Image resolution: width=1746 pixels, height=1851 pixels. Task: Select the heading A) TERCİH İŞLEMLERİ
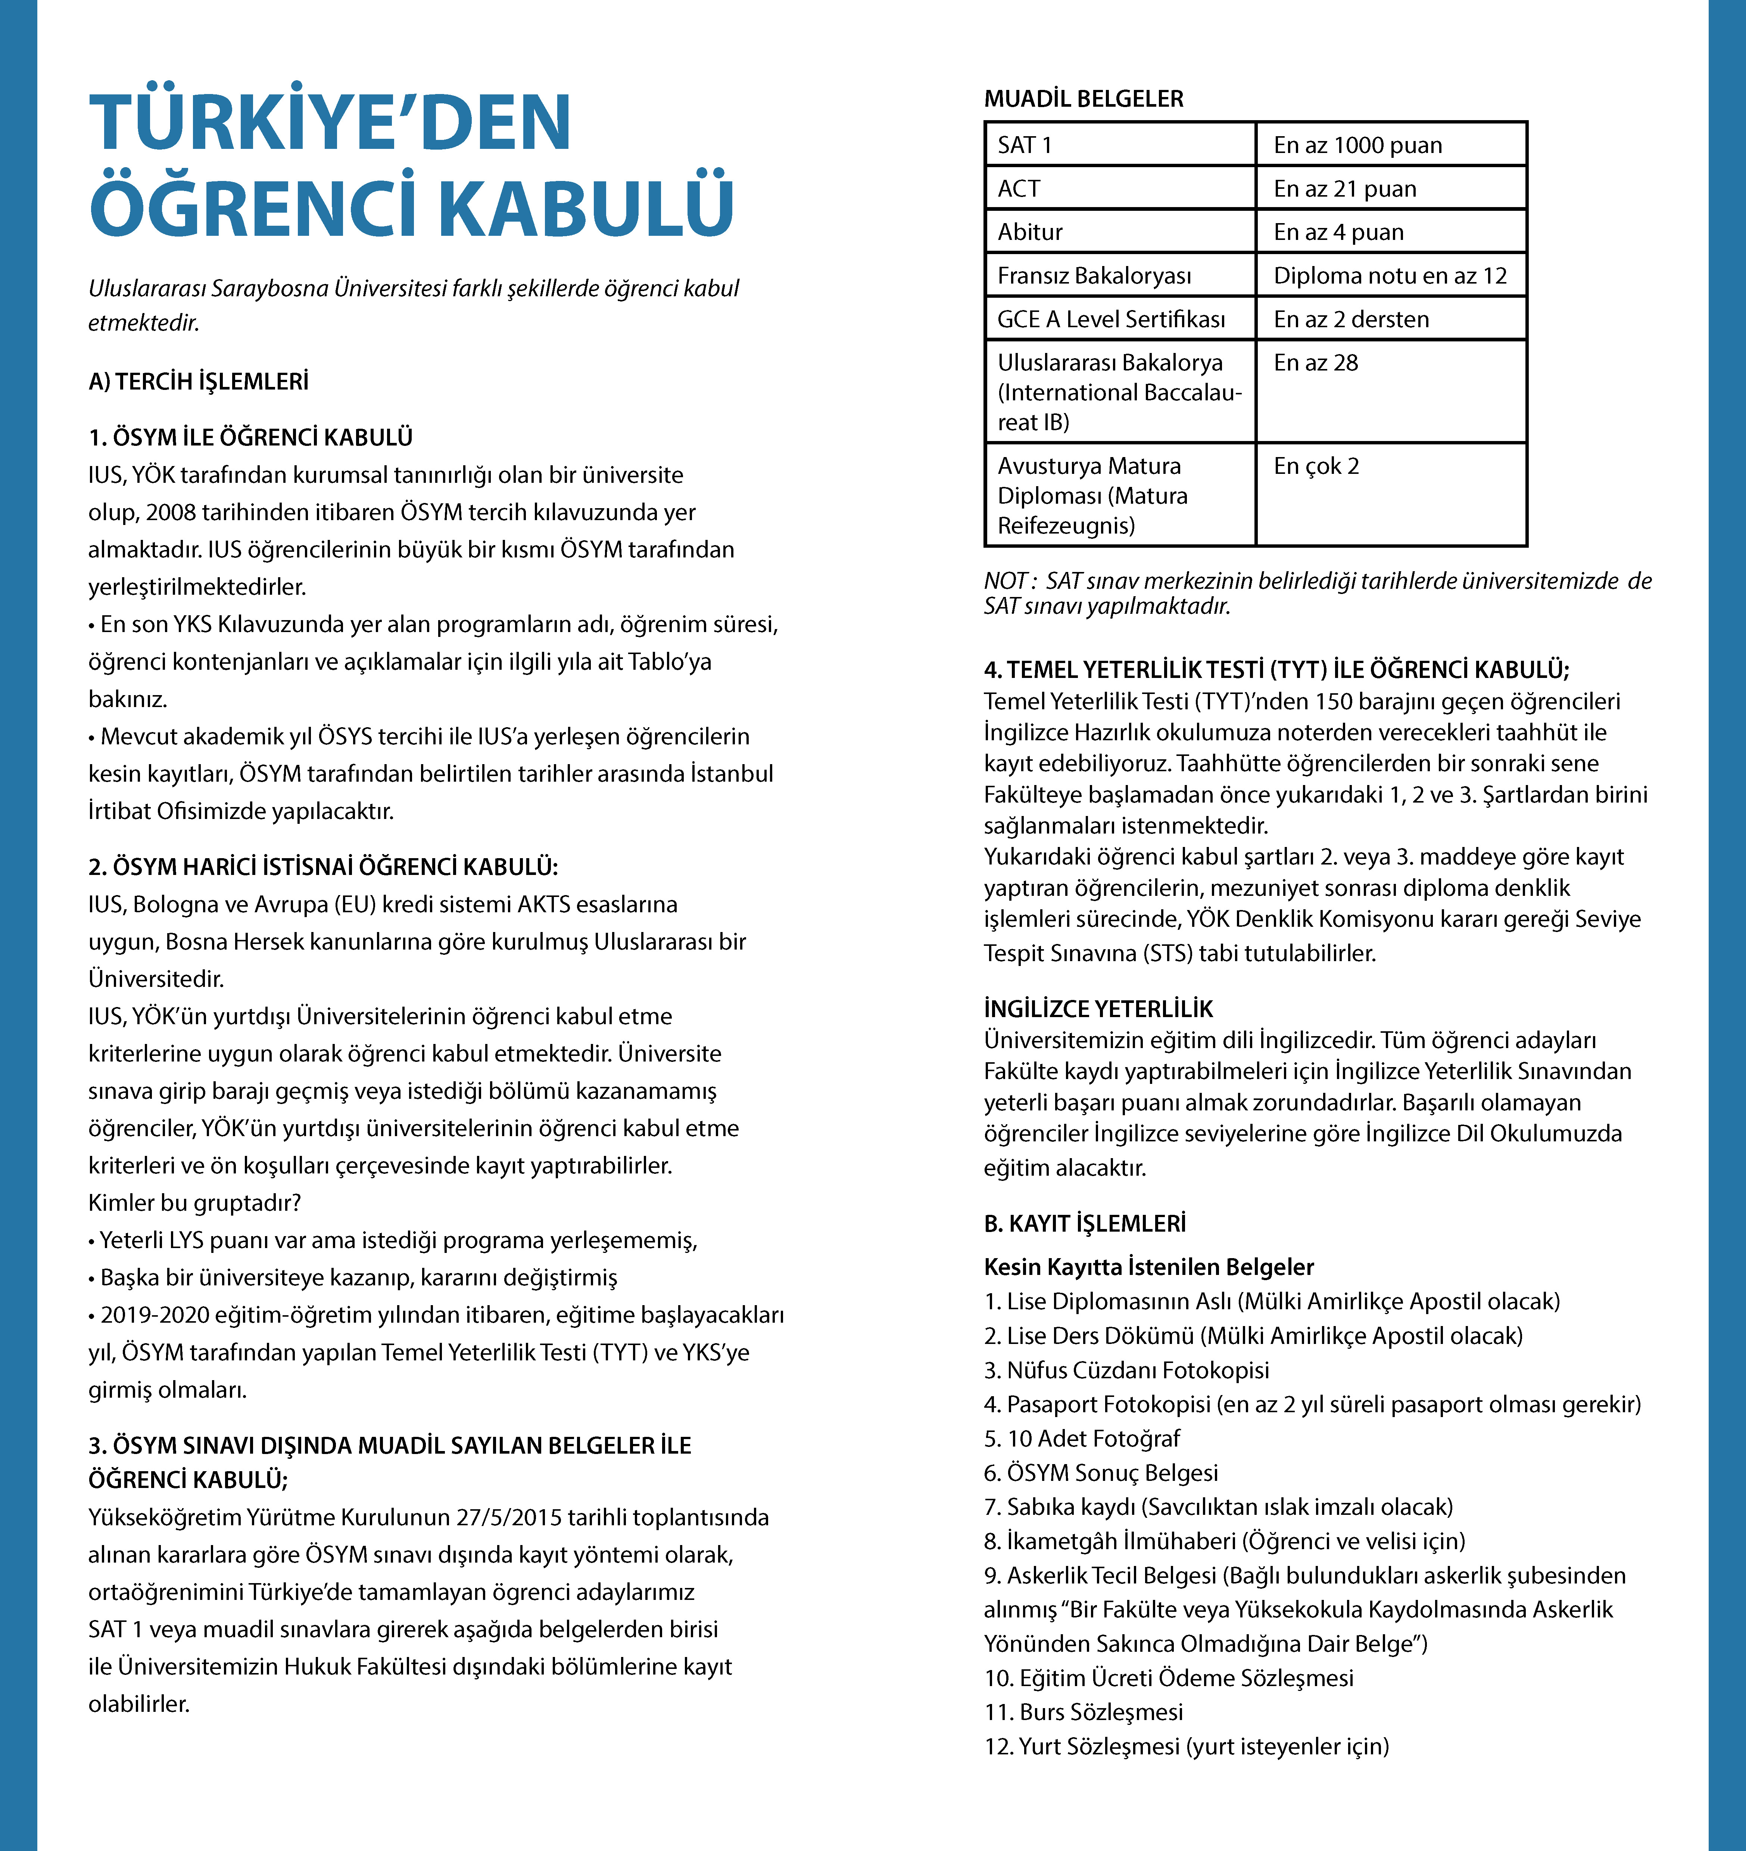pos(198,382)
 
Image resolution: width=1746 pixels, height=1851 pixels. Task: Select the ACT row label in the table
pos(1019,189)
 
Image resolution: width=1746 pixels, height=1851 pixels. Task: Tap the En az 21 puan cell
pos(1345,189)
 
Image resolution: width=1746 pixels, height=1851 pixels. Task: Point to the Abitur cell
pos(1030,232)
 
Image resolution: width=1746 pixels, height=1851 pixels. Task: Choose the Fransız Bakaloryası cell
pos(1094,276)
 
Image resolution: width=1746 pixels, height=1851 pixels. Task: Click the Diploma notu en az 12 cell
pos(1389,276)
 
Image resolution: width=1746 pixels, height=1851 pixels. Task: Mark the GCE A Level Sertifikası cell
pos(1111,319)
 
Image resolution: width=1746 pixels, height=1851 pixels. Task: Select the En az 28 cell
pos(1316,363)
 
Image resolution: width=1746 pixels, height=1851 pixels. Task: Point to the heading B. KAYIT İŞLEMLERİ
pos(1085,1223)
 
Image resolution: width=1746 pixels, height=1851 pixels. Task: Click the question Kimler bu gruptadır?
pos(194,1203)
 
